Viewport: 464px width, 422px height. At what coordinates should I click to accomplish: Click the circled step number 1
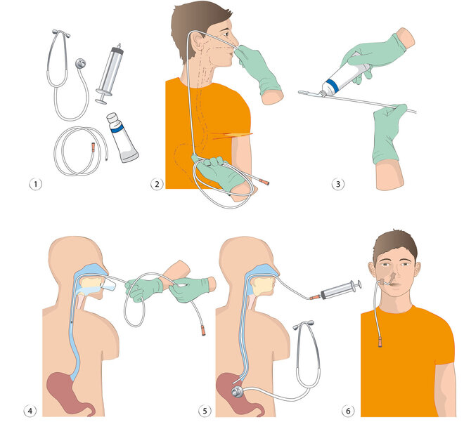(x=36, y=185)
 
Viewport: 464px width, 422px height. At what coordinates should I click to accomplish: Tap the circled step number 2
(x=157, y=185)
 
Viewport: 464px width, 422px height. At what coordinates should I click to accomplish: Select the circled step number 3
(x=338, y=185)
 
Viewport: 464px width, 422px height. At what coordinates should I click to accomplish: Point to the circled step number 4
(x=30, y=411)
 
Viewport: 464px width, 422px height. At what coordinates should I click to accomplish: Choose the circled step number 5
(x=205, y=411)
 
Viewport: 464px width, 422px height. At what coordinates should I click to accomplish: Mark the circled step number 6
(x=348, y=411)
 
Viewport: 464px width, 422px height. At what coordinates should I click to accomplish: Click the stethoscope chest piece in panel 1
(x=80, y=63)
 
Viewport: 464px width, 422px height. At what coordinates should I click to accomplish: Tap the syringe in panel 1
(x=110, y=74)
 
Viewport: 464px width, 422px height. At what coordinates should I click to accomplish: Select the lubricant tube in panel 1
(x=122, y=138)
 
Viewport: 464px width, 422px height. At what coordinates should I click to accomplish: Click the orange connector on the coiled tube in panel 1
(x=94, y=147)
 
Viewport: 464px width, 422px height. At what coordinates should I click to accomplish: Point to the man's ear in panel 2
(x=197, y=42)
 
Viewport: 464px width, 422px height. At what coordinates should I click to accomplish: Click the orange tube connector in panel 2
(x=264, y=181)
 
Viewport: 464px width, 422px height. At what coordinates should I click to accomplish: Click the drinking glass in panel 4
(x=109, y=285)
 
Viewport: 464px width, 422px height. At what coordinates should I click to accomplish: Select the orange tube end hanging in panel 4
(x=203, y=330)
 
